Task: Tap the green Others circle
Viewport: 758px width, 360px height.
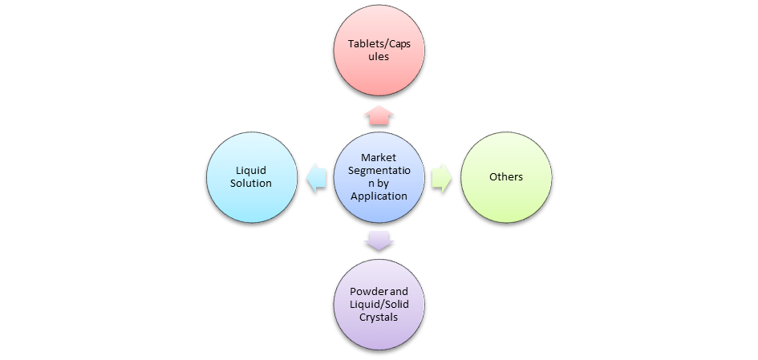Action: (x=505, y=177)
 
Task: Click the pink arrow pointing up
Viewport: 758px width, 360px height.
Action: (x=379, y=115)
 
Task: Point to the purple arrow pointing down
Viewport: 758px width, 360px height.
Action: (x=379, y=240)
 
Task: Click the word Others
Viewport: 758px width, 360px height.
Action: (x=505, y=176)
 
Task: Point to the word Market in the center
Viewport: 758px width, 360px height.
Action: (x=379, y=158)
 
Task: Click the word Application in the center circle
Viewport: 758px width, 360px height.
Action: (x=379, y=196)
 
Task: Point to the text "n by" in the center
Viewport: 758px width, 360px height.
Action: (x=379, y=184)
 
